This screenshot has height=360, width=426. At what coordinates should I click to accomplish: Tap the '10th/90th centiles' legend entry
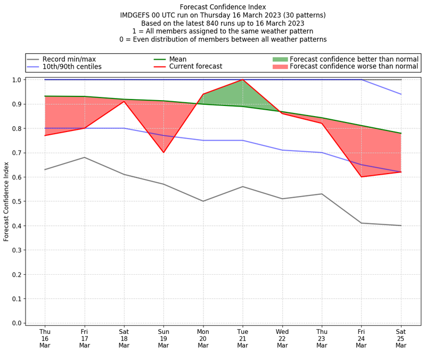[x=72, y=67]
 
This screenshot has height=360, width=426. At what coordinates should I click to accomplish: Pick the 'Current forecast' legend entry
[x=195, y=67]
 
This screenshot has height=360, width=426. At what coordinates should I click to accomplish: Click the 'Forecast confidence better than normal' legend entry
[x=354, y=59]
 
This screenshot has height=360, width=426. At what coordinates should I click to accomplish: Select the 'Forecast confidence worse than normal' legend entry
[x=354, y=67]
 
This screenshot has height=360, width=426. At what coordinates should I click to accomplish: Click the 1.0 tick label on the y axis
[x=16, y=80]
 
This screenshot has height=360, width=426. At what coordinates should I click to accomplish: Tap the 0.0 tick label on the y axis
[x=16, y=323]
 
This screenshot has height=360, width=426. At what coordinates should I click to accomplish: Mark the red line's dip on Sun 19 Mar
[x=163, y=152]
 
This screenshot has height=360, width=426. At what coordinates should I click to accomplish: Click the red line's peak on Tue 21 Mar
[x=243, y=80]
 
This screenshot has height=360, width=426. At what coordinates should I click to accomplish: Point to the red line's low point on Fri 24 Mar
[x=361, y=177]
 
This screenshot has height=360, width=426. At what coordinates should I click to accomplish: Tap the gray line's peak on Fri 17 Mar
[x=84, y=157]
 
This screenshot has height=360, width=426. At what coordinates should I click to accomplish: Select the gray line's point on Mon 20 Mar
[x=203, y=201]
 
